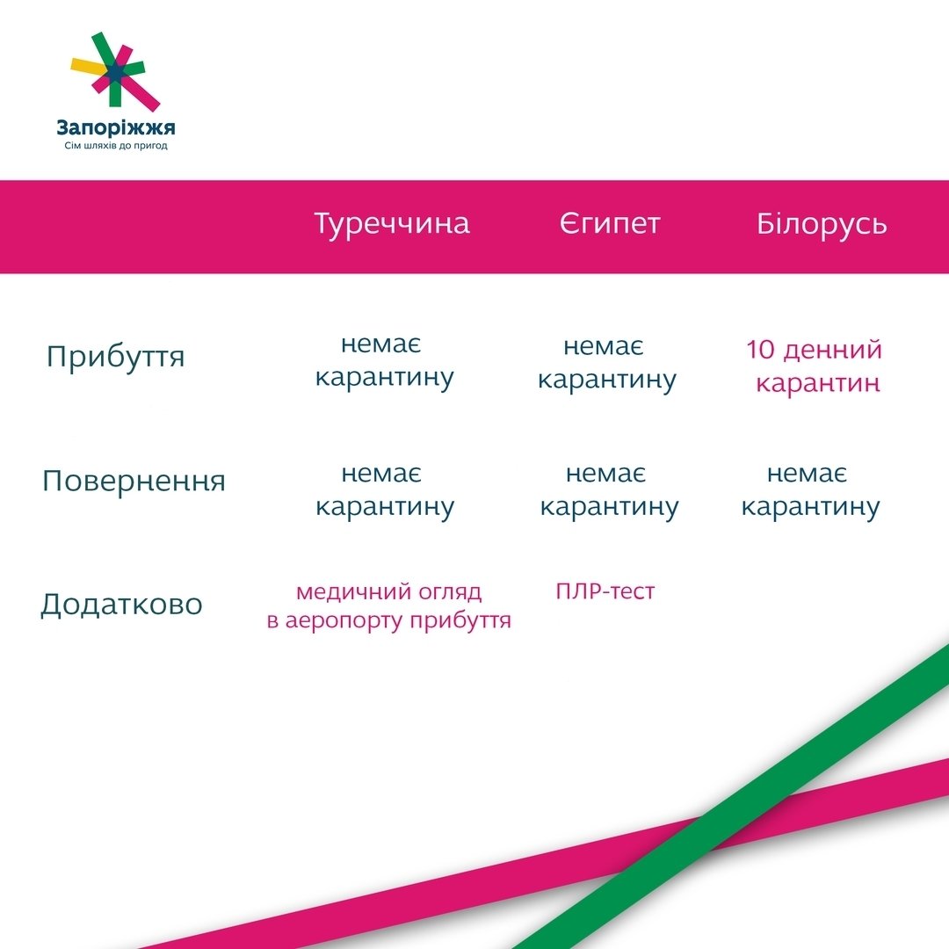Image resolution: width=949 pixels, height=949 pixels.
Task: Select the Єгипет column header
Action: point(610,223)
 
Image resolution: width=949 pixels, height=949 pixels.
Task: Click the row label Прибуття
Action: point(115,357)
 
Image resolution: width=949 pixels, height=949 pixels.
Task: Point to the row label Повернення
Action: point(134,482)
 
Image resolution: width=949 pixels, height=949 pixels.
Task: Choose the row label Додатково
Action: point(121,604)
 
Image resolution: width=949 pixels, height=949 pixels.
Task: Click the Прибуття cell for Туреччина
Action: point(384,362)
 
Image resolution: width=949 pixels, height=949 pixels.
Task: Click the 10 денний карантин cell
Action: point(815,366)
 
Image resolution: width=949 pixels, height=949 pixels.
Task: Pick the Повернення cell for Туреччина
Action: point(384,491)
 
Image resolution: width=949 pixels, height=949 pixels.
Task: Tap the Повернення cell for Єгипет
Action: point(609,491)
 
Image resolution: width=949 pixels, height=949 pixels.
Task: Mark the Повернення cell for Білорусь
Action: point(810,491)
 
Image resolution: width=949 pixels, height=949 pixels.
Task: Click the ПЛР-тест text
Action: point(605,591)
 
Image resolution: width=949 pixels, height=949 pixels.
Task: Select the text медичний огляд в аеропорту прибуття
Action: point(389,606)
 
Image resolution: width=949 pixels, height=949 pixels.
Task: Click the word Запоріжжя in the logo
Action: point(116,127)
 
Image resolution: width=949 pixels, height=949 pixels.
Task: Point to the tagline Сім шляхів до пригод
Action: point(116,146)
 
